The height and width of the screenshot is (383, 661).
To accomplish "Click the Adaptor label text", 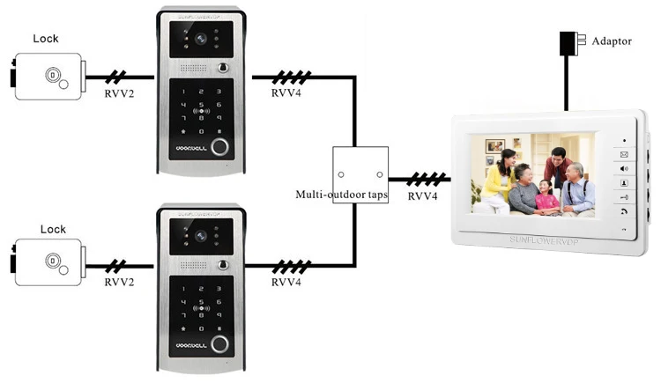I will [612, 41].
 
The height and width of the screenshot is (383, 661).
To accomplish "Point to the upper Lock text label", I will [46, 39].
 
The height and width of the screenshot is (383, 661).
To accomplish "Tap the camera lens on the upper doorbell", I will [202, 40].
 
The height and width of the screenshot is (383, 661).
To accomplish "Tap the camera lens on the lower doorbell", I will [202, 235].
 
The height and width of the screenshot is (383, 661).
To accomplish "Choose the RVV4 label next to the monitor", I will [423, 195].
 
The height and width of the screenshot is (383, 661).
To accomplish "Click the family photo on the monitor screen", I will [532, 173].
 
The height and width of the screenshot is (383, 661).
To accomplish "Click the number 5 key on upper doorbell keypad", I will [202, 105].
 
